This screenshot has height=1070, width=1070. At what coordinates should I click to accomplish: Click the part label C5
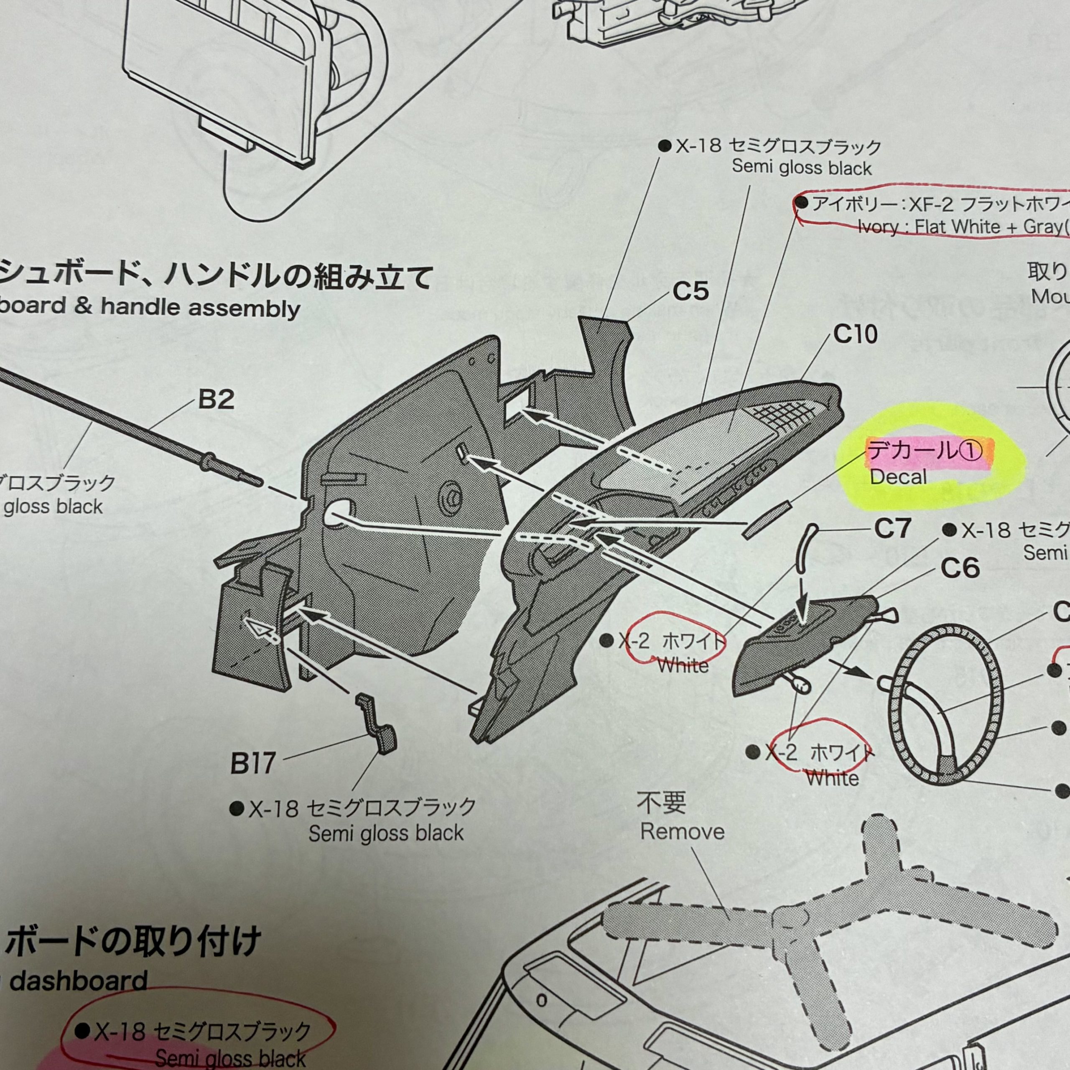[x=690, y=292]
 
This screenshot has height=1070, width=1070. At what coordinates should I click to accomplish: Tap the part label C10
[x=855, y=334]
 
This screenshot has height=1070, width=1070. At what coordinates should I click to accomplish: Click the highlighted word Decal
[x=898, y=477]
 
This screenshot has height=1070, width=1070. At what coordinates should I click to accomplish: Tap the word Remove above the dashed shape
[x=682, y=831]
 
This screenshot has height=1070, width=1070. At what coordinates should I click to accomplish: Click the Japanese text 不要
[x=661, y=802]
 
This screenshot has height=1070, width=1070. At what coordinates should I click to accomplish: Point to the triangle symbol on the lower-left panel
[x=257, y=628]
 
